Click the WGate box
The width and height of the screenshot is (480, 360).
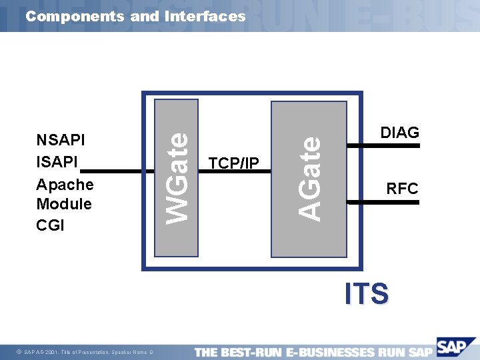tap(177, 178)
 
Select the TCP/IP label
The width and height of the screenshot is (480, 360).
tap(233, 163)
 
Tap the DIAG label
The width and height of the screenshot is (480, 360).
tap(399, 132)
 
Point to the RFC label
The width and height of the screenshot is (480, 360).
tap(402, 189)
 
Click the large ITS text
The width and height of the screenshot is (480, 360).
tap(367, 294)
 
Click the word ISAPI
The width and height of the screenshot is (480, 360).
tap(57, 162)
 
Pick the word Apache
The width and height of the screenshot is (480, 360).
tap(65, 184)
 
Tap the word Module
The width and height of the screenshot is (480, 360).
tap(64, 204)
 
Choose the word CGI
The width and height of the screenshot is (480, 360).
tap(50, 225)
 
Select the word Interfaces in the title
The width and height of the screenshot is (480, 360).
tap(204, 16)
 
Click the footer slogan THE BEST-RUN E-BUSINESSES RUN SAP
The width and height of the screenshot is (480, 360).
tap(313, 351)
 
